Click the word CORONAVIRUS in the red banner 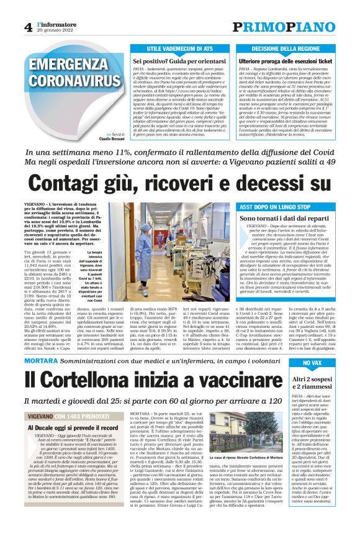pyautogui.click(x=67, y=81)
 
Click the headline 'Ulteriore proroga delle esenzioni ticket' pyautogui.click(x=289, y=62)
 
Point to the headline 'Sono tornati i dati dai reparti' pyautogui.click(x=292, y=219)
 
